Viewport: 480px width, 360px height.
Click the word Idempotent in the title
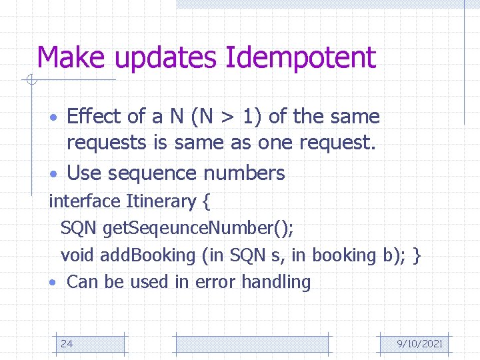click(x=301, y=58)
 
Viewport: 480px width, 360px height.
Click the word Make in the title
click(x=73, y=58)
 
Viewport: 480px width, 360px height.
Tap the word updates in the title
click(x=167, y=58)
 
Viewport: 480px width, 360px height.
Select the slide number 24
click(x=67, y=344)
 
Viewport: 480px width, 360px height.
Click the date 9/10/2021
click(x=419, y=344)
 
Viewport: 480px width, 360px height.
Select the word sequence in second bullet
click(x=153, y=173)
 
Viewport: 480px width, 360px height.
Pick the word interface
click(x=85, y=201)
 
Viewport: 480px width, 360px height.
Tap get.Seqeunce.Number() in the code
click(x=198, y=229)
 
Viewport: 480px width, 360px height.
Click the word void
click(x=77, y=255)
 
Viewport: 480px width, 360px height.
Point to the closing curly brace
click(x=417, y=255)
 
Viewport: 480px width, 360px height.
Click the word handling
click(x=276, y=282)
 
